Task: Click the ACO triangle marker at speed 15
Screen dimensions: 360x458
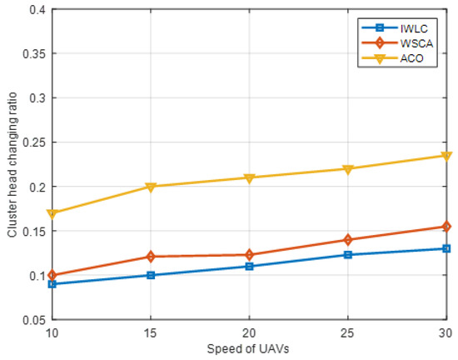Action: pyautogui.click(x=151, y=187)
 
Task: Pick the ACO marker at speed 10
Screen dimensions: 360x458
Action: pyautogui.click(x=52, y=213)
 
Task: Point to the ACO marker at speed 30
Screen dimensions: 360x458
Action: pyautogui.click(x=447, y=156)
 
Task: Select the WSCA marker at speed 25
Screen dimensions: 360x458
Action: pyautogui.click(x=348, y=240)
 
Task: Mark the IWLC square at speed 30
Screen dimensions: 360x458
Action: pyautogui.click(x=447, y=248)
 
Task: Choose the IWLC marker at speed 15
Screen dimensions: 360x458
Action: pyautogui.click(x=151, y=275)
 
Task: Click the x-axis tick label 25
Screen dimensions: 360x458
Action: pyautogui.click(x=348, y=333)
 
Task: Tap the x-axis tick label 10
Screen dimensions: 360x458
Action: pyautogui.click(x=52, y=333)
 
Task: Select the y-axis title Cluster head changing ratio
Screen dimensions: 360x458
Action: pyautogui.click(x=11, y=164)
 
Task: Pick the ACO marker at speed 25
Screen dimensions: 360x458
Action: pyautogui.click(x=348, y=169)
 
